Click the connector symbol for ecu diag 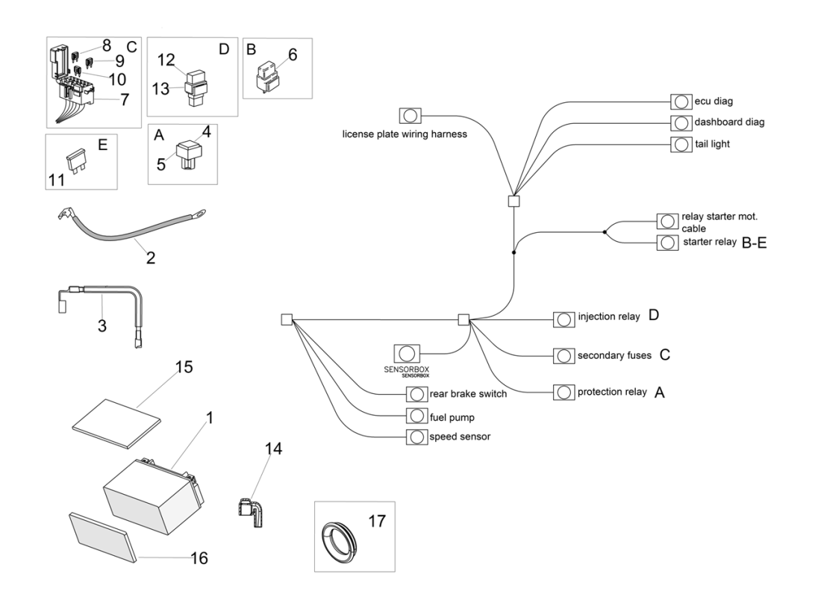pyautogui.click(x=681, y=101)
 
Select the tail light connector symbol pyautogui.click(x=681, y=144)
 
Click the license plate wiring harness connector pyautogui.click(x=410, y=116)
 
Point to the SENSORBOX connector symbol pyautogui.click(x=407, y=354)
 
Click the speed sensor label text pyautogui.click(x=460, y=437)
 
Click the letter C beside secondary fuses pyautogui.click(x=664, y=355)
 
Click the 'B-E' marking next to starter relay pyautogui.click(x=754, y=243)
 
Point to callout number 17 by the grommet pyautogui.click(x=377, y=520)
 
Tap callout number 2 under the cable pyautogui.click(x=150, y=259)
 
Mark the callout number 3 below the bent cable pyautogui.click(x=102, y=325)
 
